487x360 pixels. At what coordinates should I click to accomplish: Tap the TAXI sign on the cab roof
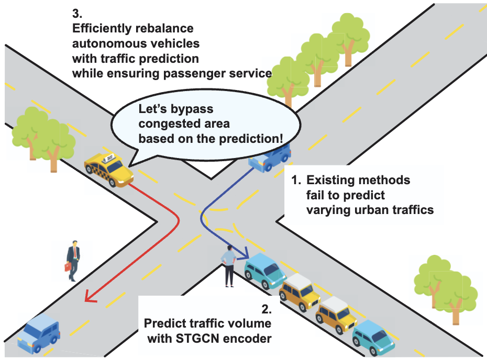tap(109, 157)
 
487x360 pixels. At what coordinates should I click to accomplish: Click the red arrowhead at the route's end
tap(90, 299)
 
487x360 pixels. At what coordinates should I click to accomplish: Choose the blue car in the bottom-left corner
tap(38, 333)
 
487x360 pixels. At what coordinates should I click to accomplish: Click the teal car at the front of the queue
tap(265, 271)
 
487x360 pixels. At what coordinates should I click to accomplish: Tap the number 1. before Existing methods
tap(296, 181)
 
